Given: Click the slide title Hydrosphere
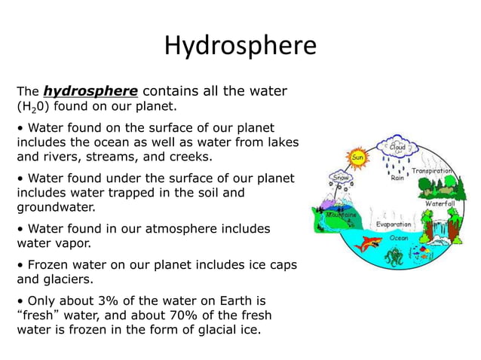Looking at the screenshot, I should [x=240, y=46].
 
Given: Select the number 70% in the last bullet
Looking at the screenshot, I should [x=195, y=315].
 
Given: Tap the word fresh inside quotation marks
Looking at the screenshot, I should [x=38, y=315].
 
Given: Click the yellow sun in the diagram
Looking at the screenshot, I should [x=357, y=158].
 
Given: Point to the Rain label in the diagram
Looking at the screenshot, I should [x=397, y=178].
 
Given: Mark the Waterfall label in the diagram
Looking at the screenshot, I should [x=440, y=204].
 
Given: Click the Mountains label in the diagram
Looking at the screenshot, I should [x=342, y=215].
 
